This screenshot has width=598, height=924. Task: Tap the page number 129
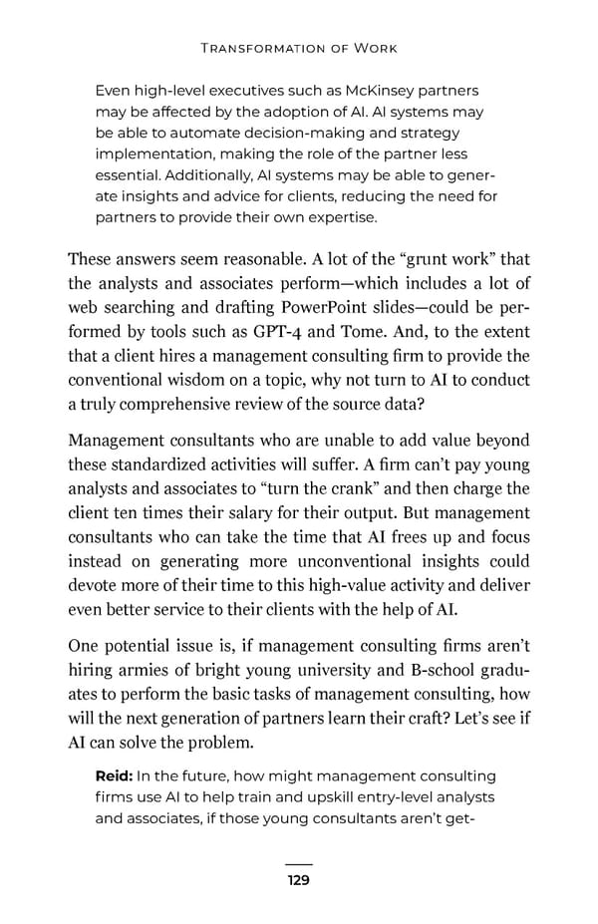[x=298, y=880]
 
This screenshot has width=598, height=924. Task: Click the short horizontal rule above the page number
[x=298, y=863]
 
